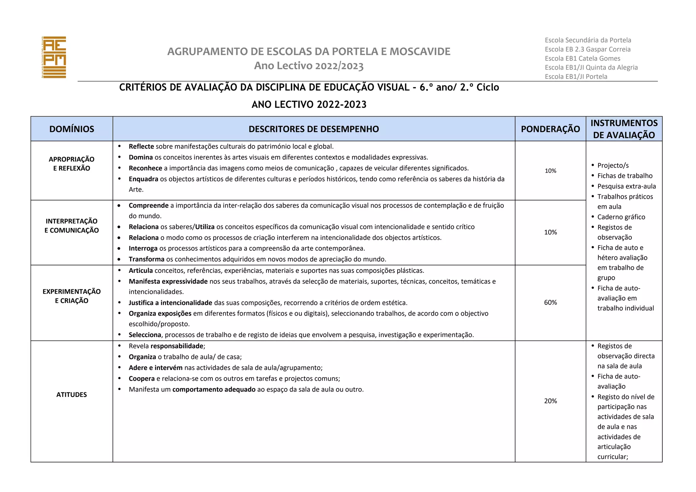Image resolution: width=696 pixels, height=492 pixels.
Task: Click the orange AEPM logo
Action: point(54,57)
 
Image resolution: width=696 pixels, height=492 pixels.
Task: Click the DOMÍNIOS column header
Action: point(72,129)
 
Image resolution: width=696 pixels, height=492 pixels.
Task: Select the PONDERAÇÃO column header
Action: point(550,129)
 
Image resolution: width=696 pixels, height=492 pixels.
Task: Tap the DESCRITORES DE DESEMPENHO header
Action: point(314,129)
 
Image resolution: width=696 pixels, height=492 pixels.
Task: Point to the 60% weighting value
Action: point(550,302)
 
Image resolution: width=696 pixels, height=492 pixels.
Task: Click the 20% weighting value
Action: point(550,401)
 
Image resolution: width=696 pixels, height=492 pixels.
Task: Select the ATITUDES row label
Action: point(72,394)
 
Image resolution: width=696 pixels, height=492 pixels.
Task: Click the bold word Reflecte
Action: point(141,146)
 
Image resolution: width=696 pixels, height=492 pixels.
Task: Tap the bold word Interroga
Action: point(143,248)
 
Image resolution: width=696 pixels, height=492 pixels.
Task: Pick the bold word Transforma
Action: point(146,259)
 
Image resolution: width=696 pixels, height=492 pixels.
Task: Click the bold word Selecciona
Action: point(145,335)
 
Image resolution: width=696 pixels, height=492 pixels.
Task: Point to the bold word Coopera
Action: point(141,379)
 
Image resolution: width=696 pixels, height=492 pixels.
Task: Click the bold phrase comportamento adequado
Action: point(214,389)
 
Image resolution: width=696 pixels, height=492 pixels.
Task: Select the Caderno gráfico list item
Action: point(621,217)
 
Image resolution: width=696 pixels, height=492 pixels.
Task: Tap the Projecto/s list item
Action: point(613,165)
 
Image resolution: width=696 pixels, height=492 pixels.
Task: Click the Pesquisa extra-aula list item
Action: point(626,186)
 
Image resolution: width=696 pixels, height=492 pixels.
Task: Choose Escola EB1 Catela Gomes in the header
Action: point(582,58)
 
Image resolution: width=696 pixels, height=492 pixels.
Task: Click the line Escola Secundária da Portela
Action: point(588,40)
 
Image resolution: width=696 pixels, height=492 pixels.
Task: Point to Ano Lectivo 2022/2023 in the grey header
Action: point(309,66)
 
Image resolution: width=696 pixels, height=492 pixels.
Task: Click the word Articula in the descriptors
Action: point(141,270)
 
